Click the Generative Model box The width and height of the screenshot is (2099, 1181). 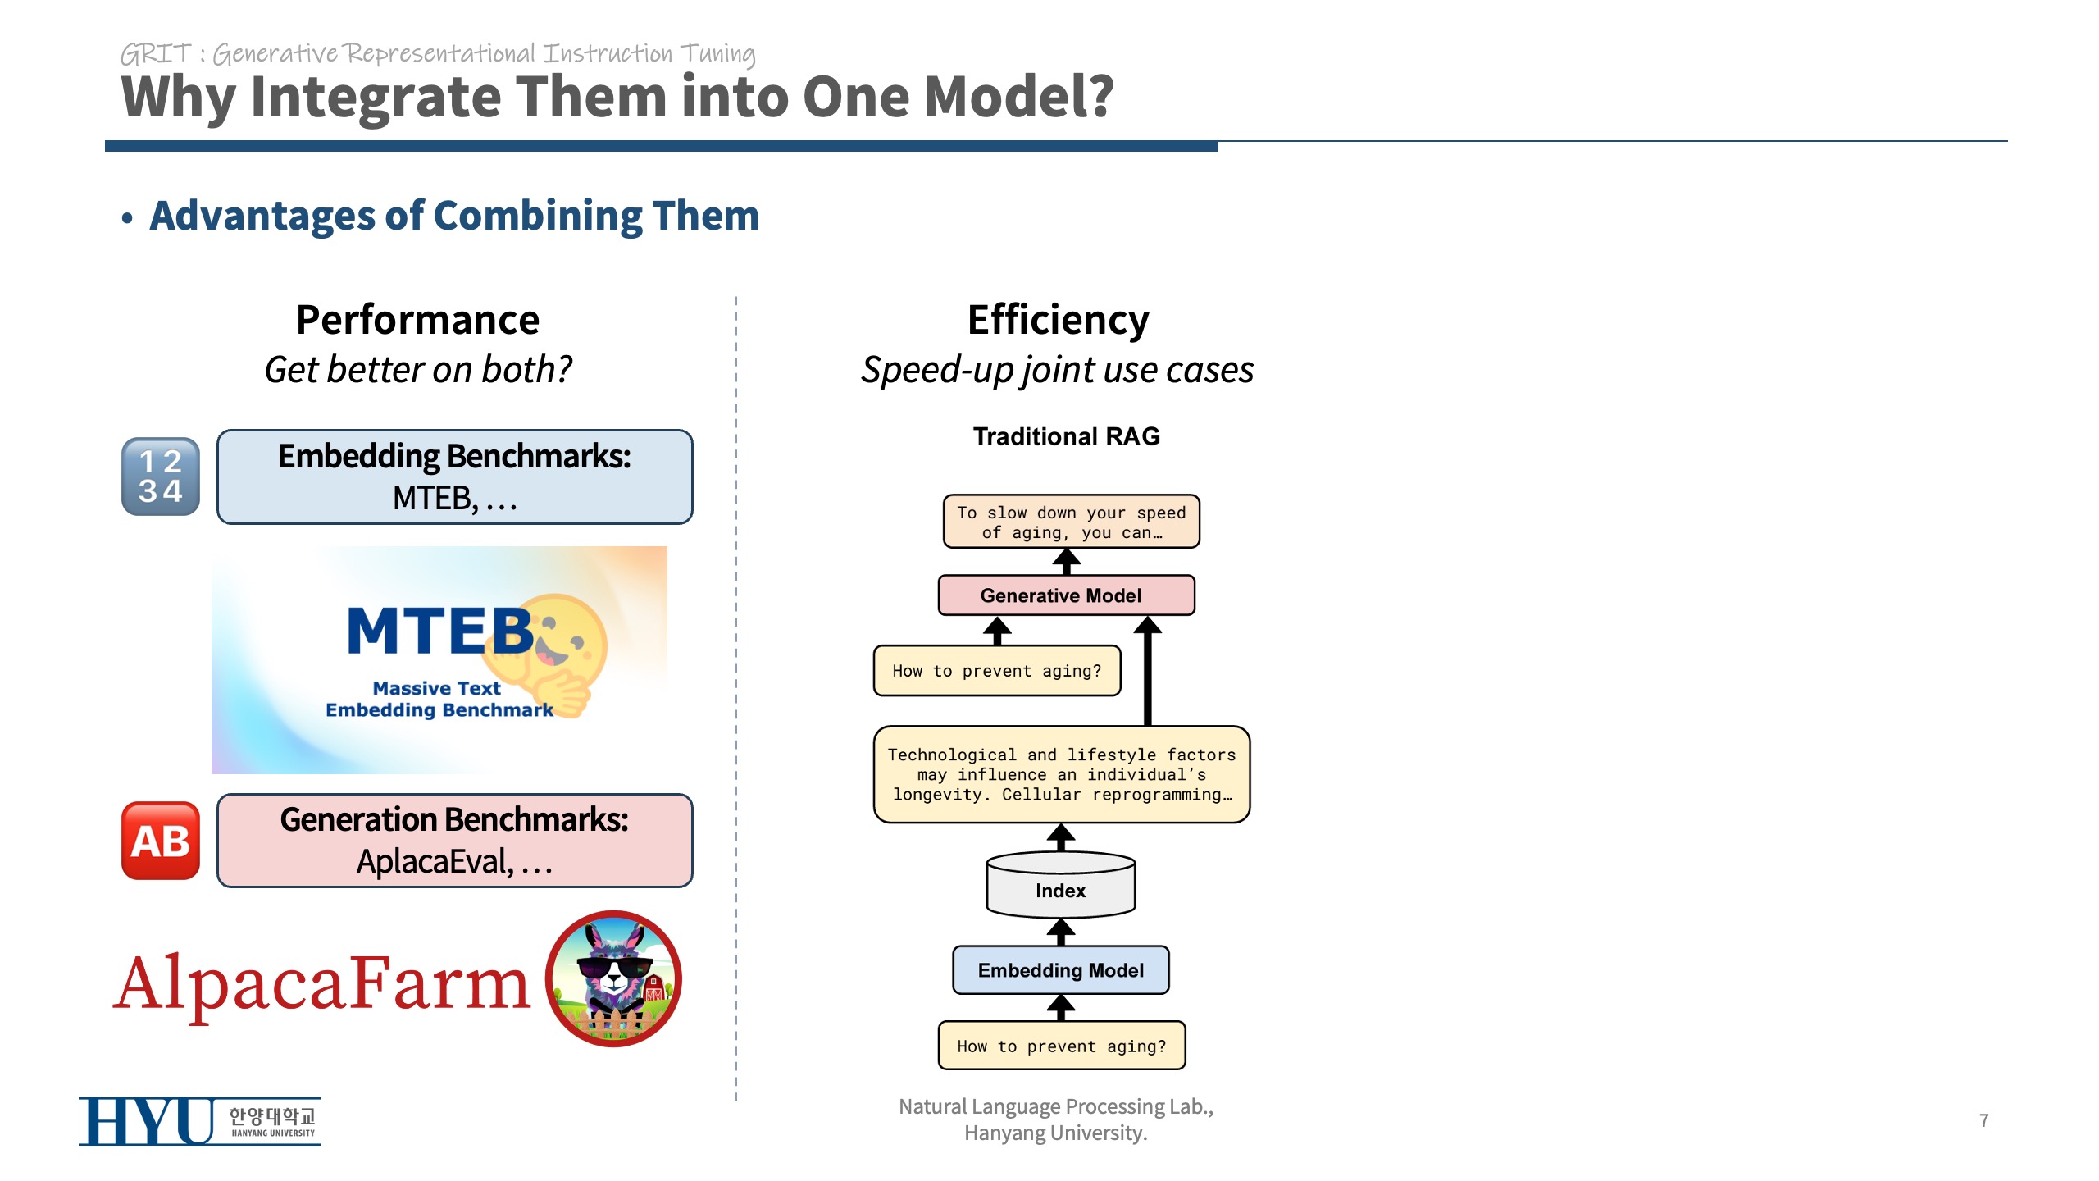coord(1065,595)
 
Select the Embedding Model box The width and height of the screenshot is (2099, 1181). coord(1060,970)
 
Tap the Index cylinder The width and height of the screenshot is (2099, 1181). coord(1060,887)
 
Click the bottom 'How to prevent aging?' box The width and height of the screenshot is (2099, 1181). coord(1061,1046)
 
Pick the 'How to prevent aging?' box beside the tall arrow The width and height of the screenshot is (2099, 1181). coord(996,671)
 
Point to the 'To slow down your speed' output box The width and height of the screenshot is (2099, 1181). coord(1071,522)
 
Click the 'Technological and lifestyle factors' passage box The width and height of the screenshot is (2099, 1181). coord(1061,774)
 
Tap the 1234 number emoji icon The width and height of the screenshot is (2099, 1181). coord(161,477)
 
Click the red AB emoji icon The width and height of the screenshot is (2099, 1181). coord(161,841)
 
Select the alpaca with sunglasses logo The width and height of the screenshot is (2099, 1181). coord(613,978)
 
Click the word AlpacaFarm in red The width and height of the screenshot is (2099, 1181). coord(321,983)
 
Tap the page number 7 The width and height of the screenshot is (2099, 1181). coord(1983,1120)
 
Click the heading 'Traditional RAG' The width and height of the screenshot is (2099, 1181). coord(1066,436)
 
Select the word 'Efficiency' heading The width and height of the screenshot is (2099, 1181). coord(1058,320)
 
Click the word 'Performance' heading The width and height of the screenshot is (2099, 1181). coord(417,320)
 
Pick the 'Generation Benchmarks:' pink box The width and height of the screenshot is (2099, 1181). coord(454,841)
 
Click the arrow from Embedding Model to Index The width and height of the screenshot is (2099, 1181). coord(1061,932)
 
